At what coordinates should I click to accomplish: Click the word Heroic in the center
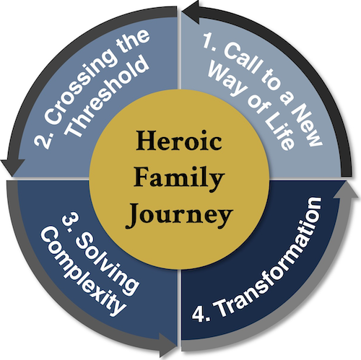tap(179, 141)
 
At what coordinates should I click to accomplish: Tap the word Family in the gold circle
tap(179, 177)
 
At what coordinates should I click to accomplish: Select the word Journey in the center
tap(179, 214)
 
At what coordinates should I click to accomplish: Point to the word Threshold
tap(107, 96)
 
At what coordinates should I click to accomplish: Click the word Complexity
tap(83, 272)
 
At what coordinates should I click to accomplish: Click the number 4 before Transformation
tap(198, 314)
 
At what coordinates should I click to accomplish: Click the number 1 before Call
tap(209, 40)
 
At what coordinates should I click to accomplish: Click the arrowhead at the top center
tap(191, 12)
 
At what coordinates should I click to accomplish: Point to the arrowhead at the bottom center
tap(168, 345)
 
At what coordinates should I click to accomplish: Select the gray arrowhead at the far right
tap(347, 190)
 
